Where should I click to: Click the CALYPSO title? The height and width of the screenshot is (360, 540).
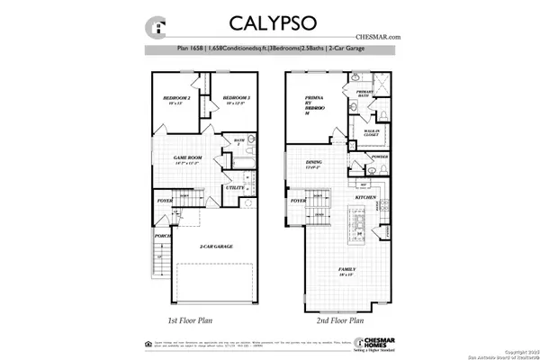(270, 22)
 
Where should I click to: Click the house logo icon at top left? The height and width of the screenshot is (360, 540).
(159, 26)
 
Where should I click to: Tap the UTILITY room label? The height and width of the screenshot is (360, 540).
(235, 187)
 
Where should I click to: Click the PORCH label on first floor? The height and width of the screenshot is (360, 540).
(163, 238)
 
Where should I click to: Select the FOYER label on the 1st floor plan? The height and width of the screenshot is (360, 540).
(164, 202)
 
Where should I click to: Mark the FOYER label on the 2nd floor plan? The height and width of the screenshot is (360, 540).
(298, 202)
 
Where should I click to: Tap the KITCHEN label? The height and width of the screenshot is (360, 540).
(364, 196)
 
